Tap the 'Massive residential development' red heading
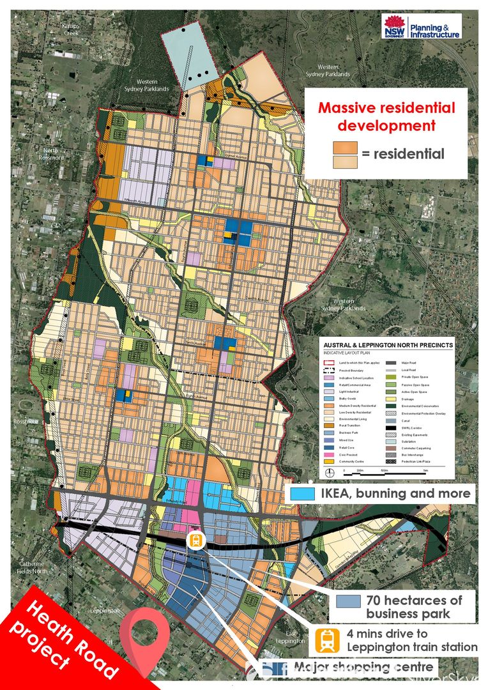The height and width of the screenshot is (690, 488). [387, 116]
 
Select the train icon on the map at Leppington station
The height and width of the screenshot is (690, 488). [196, 539]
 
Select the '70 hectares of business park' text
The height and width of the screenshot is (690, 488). [413, 607]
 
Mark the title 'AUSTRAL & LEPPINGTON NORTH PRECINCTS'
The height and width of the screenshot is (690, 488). [386, 345]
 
